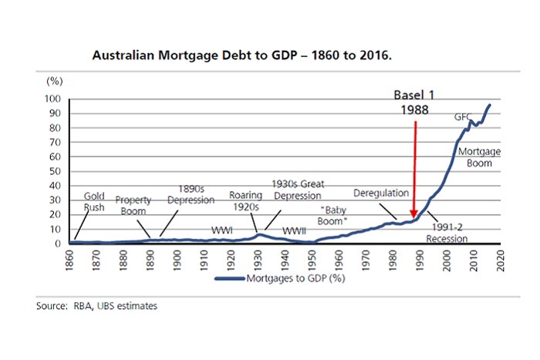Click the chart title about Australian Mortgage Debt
click(241, 56)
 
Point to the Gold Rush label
click(94, 202)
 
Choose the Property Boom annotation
click(133, 205)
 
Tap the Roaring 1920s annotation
click(246, 200)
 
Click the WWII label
click(293, 229)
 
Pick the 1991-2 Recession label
click(447, 232)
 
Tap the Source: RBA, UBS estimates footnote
click(96, 307)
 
